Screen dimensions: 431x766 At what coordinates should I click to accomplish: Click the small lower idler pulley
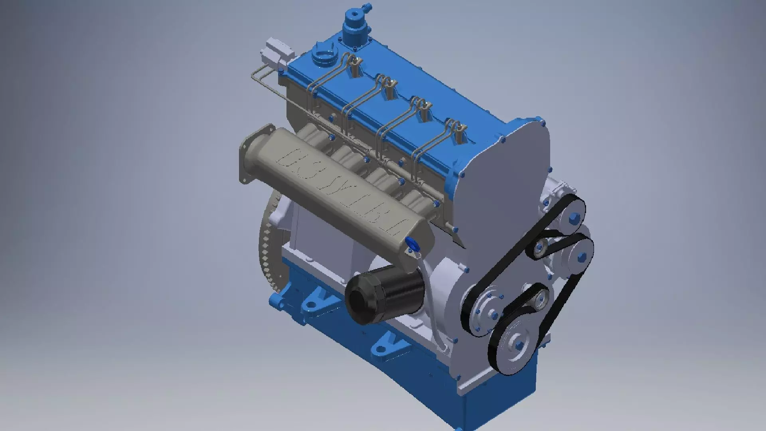click(x=541, y=297)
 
